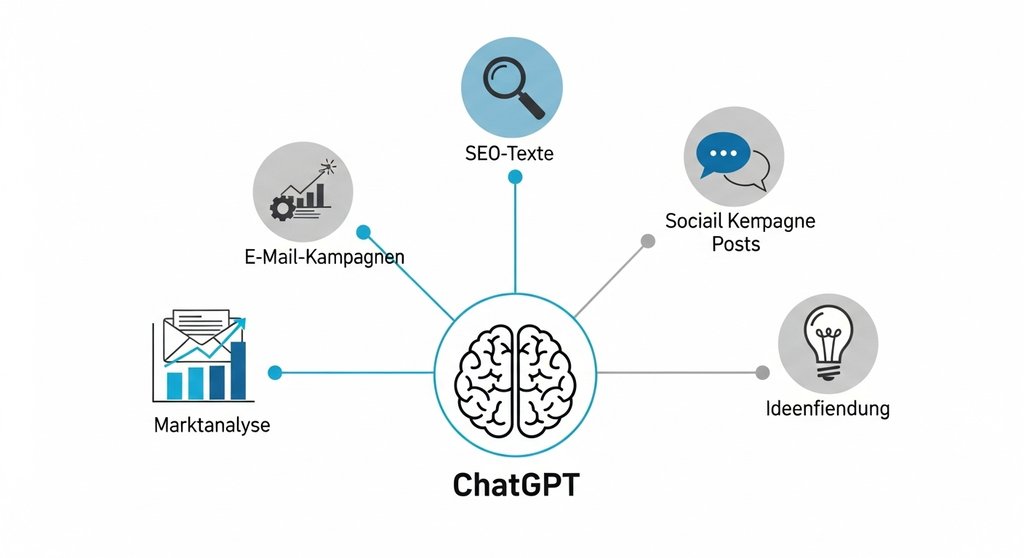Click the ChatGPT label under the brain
[515, 485]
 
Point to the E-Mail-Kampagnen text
[324, 256]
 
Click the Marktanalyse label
[212, 425]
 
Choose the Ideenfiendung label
[827, 408]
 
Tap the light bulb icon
[827, 342]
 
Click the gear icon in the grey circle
[281, 207]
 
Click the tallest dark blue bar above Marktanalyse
[238, 369]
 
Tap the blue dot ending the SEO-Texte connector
[515, 177]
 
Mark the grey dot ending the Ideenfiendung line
[762, 372]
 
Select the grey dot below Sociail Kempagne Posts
[647, 241]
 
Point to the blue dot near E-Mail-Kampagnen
[364, 232]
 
